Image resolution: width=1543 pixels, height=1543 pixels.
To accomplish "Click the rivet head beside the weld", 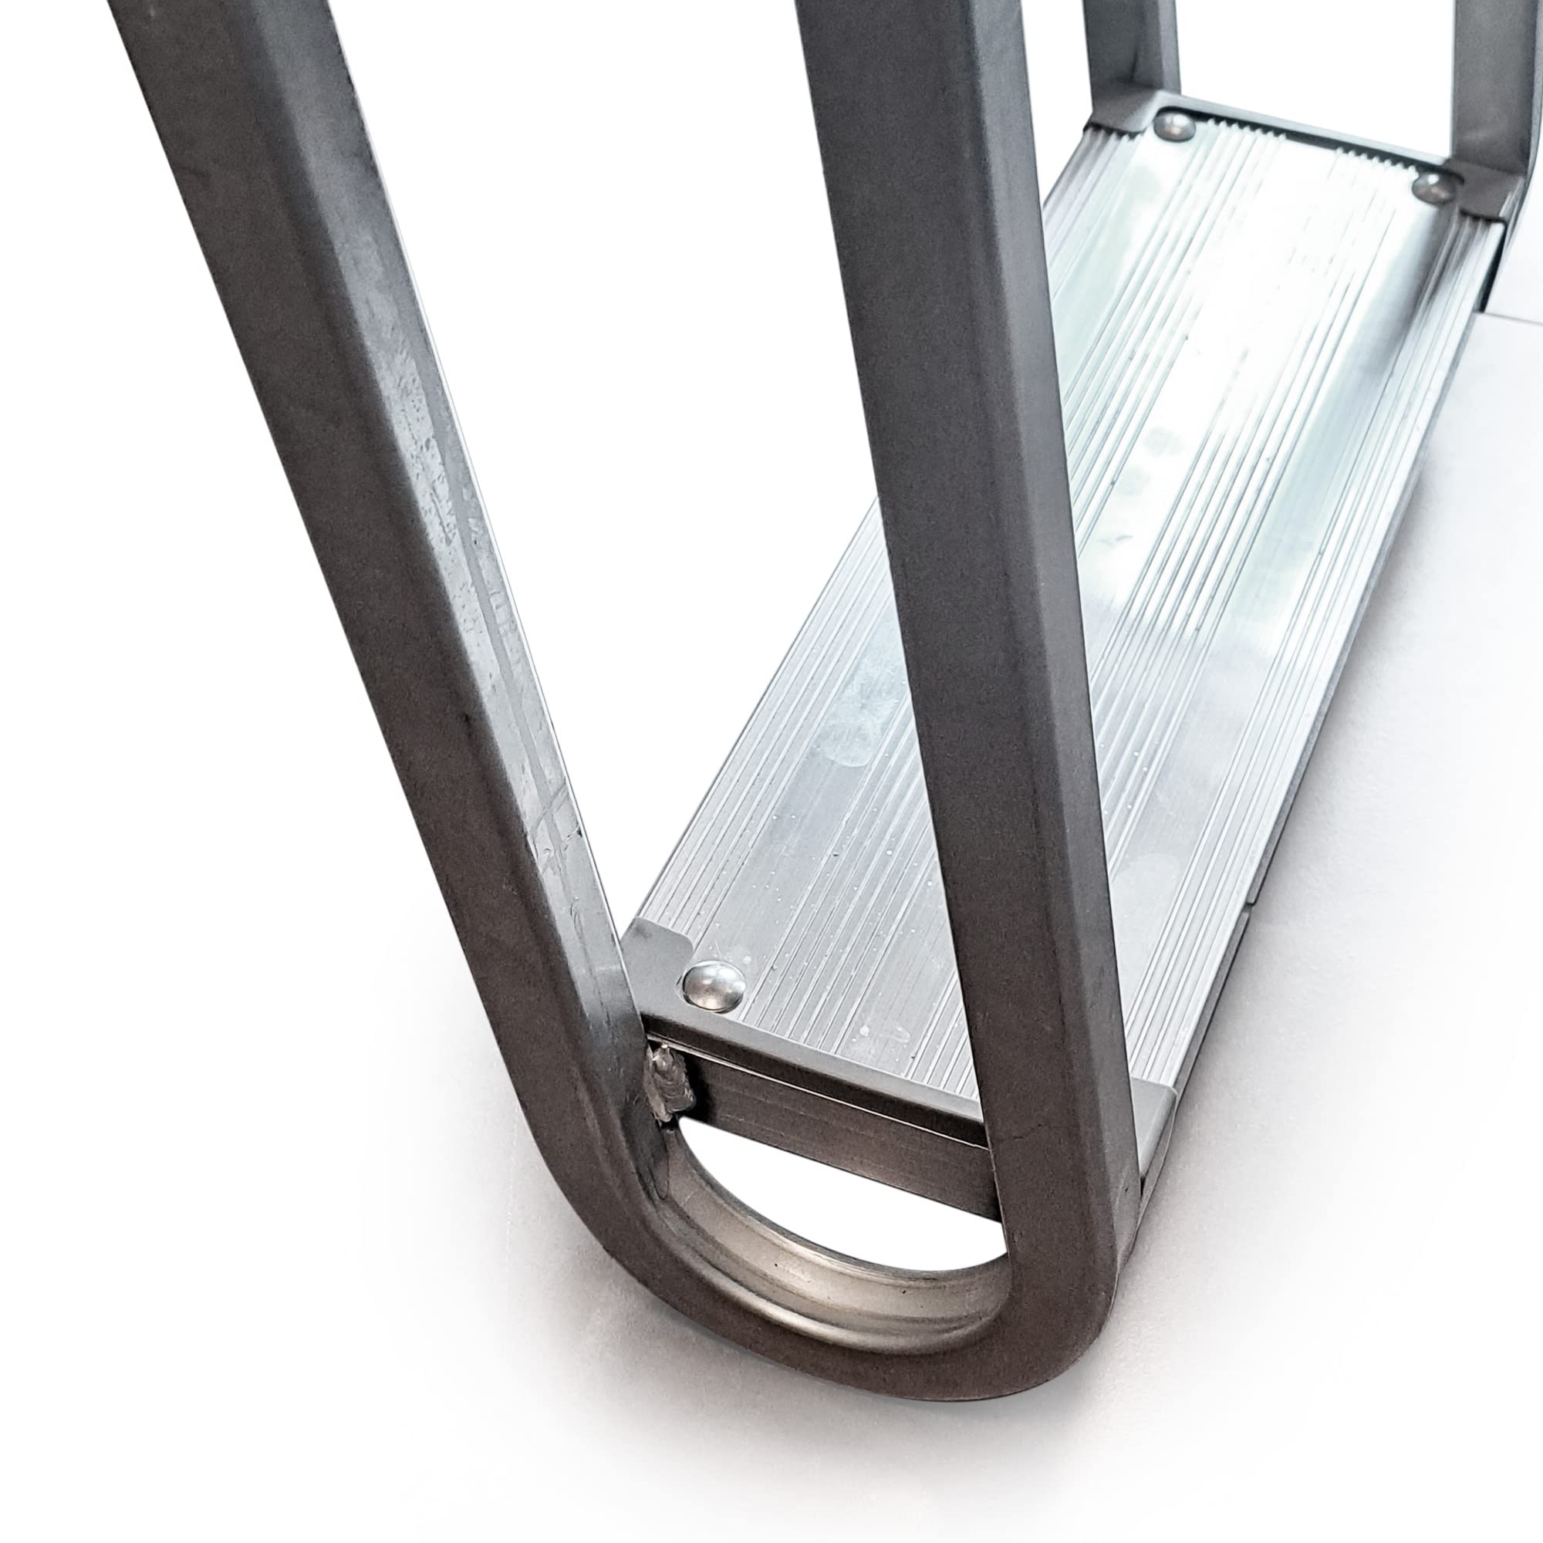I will pos(713,981).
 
